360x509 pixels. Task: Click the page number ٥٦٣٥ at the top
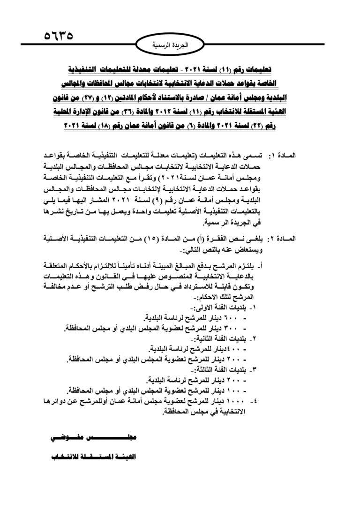click(60, 36)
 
